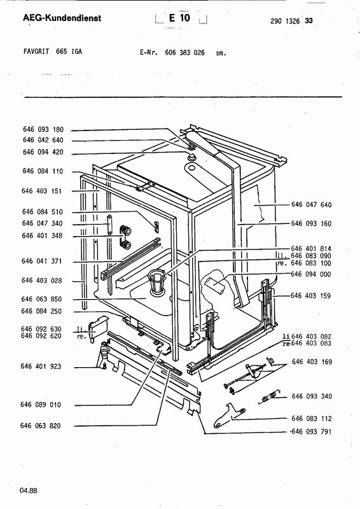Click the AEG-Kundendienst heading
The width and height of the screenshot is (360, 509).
pos(62,18)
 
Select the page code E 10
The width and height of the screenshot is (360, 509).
pos(179,18)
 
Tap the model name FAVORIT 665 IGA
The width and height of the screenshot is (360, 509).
pos(53,52)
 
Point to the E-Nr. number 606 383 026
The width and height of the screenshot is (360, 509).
pos(184,52)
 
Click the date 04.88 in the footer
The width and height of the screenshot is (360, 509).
pos(29,491)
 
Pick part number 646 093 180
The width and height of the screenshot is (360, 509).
pos(43,130)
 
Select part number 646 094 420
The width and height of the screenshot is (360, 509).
pos(43,152)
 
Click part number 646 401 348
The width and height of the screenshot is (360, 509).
pos(42,235)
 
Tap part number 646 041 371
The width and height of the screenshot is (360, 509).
pos(41,261)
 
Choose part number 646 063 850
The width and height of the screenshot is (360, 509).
pos(41,299)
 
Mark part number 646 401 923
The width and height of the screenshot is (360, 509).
pos(41,366)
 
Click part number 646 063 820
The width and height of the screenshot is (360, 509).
pos(40,426)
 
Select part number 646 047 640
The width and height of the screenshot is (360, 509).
pos(312,204)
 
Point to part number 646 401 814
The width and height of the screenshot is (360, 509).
pos(311,249)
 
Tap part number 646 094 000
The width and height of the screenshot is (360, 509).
pos(311,274)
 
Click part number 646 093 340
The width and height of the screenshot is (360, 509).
pos(312,396)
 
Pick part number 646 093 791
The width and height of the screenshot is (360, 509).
pos(312,431)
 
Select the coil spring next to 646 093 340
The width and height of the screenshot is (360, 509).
pos(270,396)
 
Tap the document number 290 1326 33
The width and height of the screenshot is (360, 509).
pos(291,21)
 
